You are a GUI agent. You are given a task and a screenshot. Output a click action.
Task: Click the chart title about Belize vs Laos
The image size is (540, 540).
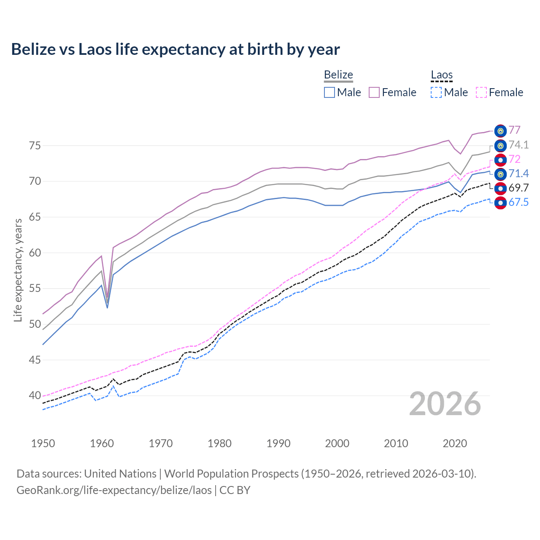point(175,49)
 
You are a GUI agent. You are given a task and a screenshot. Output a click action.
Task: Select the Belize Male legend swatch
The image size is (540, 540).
point(329,92)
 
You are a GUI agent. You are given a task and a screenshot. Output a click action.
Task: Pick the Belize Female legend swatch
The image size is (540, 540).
point(374,92)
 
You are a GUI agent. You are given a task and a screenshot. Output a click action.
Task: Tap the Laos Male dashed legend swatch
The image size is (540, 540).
point(436,92)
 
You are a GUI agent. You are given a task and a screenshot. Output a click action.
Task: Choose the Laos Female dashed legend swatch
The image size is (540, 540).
point(481,92)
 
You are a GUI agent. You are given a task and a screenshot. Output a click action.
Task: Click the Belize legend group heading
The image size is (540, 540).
point(338,75)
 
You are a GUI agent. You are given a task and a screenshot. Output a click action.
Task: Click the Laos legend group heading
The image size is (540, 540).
point(442,75)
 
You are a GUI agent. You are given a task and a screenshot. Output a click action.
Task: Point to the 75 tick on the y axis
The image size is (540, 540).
point(35,146)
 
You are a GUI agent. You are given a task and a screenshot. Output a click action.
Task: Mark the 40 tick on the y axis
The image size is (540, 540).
point(35,396)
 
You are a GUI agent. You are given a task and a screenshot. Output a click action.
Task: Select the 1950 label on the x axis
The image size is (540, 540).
point(43,443)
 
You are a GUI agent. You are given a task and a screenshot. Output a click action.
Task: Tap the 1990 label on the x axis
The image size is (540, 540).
point(278,443)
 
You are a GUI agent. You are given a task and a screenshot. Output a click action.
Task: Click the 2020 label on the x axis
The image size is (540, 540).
point(455,443)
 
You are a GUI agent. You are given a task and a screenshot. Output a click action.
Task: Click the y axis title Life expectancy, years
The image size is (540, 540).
point(18,270)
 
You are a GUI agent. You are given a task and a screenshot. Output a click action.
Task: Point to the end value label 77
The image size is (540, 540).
point(514,130)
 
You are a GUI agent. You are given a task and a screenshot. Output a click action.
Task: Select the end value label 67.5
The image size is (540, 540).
point(518,202)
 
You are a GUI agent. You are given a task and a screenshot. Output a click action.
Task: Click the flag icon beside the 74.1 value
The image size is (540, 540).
point(500,146)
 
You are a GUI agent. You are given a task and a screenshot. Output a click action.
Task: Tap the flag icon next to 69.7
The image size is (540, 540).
point(500,188)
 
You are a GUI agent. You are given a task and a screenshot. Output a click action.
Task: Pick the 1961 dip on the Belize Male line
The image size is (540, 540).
point(107,308)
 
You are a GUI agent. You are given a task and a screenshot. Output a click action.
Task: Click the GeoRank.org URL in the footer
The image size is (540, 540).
point(114,490)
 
